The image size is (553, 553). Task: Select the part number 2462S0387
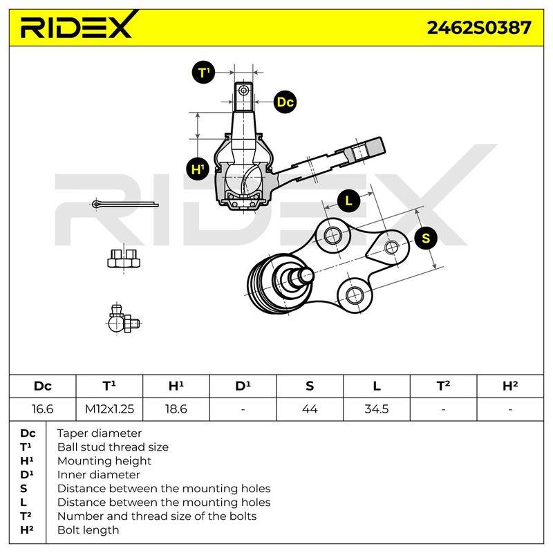click(x=478, y=28)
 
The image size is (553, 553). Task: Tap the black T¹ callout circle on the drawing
click(x=203, y=73)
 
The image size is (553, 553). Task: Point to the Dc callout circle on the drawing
click(x=285, y=102)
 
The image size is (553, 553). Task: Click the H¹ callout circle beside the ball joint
click(x=198, y=169)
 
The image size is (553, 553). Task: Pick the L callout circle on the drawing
click(x=348, y=200)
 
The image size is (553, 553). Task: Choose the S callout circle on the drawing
click(x=426, y=238)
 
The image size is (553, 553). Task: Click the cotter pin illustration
click(x=125, y=204)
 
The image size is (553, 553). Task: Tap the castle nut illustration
click(x=124, y=259)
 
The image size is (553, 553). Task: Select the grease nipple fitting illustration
click(x=124, y=319)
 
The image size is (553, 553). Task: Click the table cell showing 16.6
click(x=43, y=409)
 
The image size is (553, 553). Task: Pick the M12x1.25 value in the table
click(x=110, y=409)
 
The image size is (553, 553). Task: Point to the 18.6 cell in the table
click(x=176, y=409)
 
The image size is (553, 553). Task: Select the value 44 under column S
click(x=310, y=409)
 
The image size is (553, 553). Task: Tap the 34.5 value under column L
click(x=377, y=409)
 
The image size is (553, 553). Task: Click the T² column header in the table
click(x=443, y=386)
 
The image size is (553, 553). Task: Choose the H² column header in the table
click(x=510, y=386)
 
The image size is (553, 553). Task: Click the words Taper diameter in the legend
click(x=100, y=433)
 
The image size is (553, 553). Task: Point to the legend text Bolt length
click(x=88, y=530)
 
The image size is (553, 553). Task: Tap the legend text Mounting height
click(x=104, y=461)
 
